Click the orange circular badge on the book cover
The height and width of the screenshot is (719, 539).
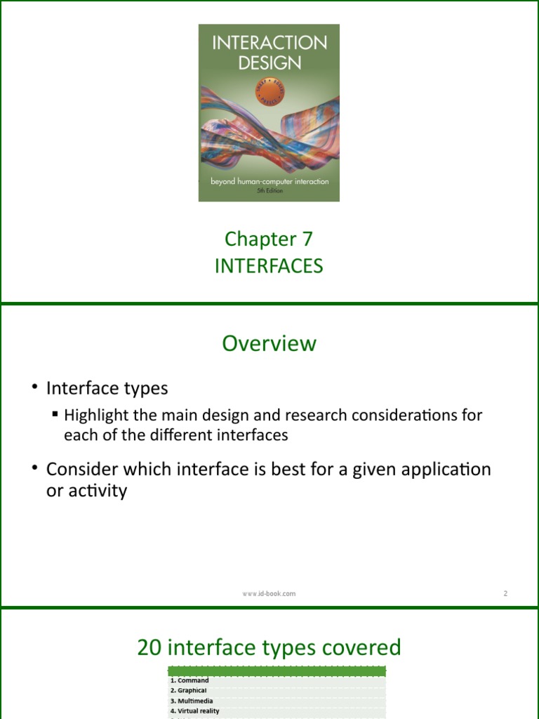(x=269, y=91)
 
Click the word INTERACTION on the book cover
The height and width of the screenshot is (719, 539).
(x=269, y=43)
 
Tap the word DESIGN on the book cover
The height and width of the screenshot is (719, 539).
(x=269, y=62)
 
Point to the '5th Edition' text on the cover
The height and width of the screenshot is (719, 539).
(x=269, y=191)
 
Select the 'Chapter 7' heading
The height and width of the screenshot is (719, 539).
(x=269, y=239)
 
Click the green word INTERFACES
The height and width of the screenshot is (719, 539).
(x=269, y=267)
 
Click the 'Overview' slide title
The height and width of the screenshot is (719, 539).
(x=269, y=343)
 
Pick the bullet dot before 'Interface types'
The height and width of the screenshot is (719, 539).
(x=34, y=388)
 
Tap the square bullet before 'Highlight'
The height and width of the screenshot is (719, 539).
(x=55, y=414)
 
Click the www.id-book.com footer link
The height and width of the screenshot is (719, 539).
(x=269, y=593)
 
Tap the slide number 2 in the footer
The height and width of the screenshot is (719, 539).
(x=505, y=593)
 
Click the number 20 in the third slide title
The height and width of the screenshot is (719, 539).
(x=149, y=647)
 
